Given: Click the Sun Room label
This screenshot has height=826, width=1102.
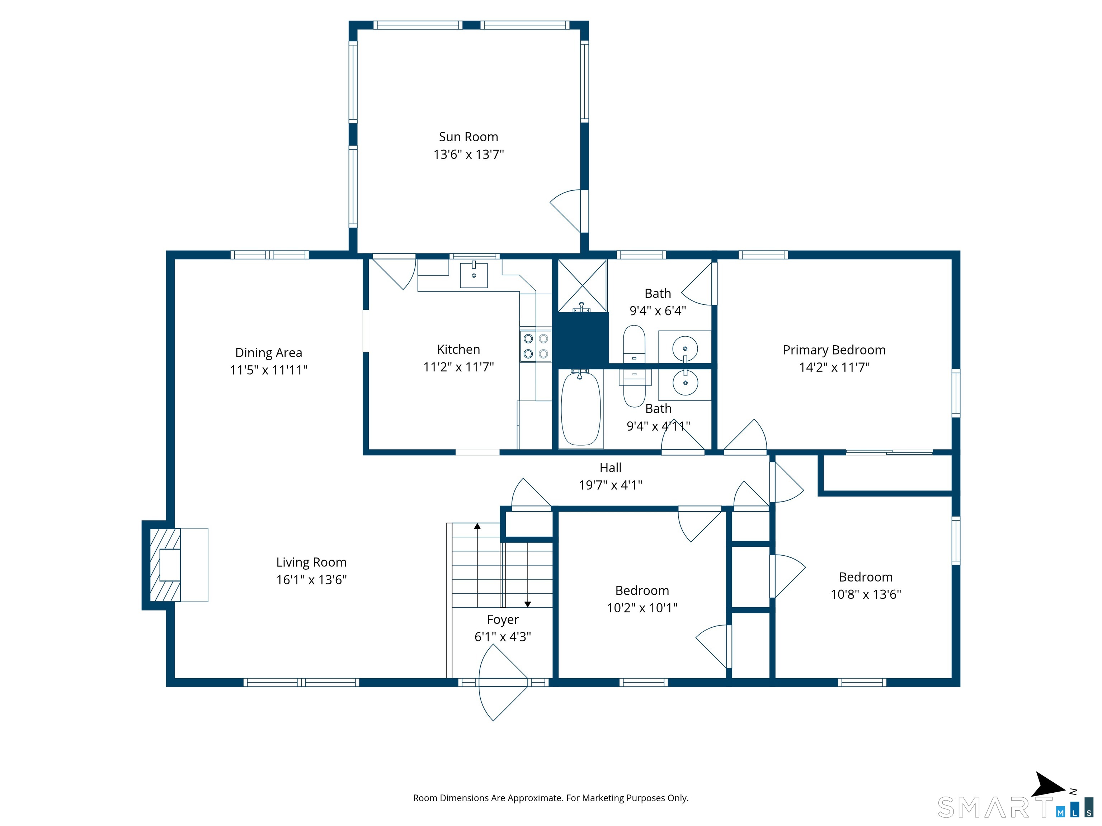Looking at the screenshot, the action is coord(468,137).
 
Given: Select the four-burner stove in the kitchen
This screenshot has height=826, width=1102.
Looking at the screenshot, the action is coord(536,346).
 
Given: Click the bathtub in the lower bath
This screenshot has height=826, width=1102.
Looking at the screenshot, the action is coord(580,409).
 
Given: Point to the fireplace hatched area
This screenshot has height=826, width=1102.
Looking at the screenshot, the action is coord(165,565).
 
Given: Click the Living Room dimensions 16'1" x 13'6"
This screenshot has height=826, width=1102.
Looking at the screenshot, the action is coord(311,580).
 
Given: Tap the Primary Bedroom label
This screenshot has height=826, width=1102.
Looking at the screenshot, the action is coord(834,350).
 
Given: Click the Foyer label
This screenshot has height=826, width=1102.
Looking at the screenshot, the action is coord(503,619).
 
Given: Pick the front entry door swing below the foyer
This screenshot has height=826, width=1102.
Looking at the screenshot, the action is coord(502,683).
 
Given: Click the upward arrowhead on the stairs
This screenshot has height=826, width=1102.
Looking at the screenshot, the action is coord(477,526).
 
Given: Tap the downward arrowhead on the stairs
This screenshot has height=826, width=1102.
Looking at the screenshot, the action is coord(528,604).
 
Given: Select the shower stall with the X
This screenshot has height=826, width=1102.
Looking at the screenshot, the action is coord(582,286).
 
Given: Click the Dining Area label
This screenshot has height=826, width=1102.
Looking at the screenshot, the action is coord(269,352).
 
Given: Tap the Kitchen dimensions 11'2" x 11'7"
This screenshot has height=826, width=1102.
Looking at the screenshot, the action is coord(458,367).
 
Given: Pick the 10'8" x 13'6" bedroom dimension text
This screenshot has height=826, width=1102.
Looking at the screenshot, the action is coord(866,594).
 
